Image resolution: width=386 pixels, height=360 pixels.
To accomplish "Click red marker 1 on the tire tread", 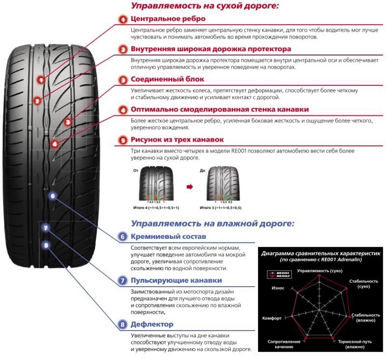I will (42, 80).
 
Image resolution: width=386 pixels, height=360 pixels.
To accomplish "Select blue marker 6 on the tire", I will (53, 195).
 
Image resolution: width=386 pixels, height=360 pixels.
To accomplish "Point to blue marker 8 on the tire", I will (46, 245).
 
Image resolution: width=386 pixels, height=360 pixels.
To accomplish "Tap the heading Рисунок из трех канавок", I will (177, 139).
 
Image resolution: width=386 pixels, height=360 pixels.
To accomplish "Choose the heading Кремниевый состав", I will (168, 236).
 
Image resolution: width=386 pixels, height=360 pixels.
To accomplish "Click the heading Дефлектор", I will (152, 324).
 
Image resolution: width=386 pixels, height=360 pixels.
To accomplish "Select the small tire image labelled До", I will (221, 184).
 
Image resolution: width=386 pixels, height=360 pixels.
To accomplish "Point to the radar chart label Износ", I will (278, 288).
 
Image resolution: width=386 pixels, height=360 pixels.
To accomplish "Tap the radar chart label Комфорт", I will (272, 318).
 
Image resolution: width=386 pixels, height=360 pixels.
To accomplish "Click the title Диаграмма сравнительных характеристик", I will (321, 253).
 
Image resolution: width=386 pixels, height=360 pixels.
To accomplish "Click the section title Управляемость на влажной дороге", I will (212, 223).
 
